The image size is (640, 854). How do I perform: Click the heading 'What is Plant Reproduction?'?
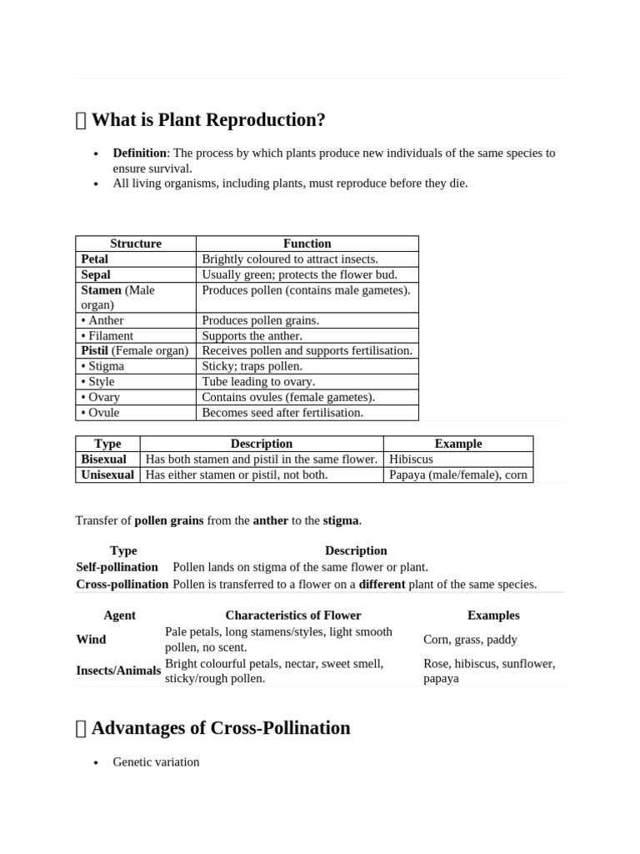[x=207, y=120]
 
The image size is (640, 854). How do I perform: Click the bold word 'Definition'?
[x=140, y=153]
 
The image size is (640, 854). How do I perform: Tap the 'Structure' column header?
[x=136, y=244]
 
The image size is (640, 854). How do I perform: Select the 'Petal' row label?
[x=95, y=259]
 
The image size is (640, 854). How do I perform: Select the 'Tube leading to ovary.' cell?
[x=258, y=382]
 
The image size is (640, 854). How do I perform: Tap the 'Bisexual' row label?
[x=104, y=460]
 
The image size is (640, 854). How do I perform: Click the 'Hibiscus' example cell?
[x=412, y=460]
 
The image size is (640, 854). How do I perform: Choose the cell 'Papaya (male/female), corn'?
[x=458, y=475]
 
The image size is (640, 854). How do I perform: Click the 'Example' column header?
[x=458, y=444]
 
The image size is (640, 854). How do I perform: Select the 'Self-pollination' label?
[x=117, y=567]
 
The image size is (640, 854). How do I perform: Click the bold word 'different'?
[x=382, y=585]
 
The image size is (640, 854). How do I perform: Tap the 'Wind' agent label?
[x=91, y=640]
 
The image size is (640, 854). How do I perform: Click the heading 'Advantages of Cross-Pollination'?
[x=220, y=728]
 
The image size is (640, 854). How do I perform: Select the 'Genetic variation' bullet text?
[x=156, y=762]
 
